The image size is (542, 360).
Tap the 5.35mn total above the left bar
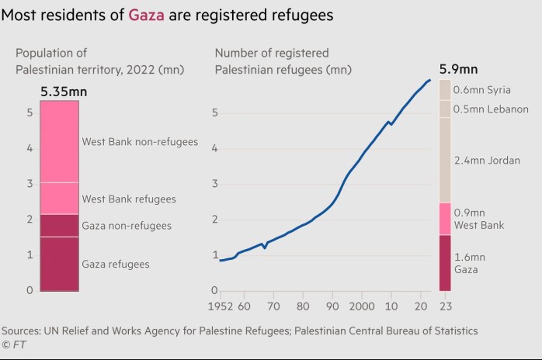click(x=64, y=92)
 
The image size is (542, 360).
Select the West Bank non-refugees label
click(x=140, y=142)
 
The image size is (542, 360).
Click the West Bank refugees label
click(x=129, y=199)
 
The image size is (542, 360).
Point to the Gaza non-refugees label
click(x=127, y=226)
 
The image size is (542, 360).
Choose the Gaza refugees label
click(x=116, y=265)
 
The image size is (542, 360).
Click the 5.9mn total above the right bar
click(x=459, y=68)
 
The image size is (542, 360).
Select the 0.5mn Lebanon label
click(x=491, y=109)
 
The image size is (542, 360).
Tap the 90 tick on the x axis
click(x=333, y=306)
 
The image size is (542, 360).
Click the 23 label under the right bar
click(x=445, y=306)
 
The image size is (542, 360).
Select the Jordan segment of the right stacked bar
click(x=445, y=160)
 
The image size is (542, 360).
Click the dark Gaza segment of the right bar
click(x=445, y=263)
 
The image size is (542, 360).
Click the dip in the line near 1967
click(x=265, y=247)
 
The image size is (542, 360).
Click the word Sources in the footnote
click(x=22, y=331)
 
